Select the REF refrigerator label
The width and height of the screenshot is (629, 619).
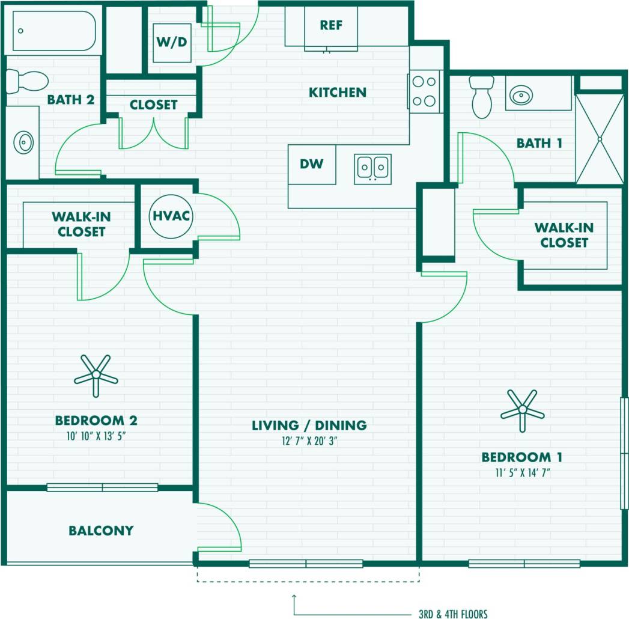[331, 25]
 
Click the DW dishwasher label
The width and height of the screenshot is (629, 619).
[312, 163]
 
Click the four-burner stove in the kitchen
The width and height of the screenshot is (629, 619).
[425, 91]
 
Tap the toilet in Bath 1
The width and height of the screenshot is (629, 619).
[481, 97]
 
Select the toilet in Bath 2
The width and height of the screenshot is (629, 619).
[26, 81]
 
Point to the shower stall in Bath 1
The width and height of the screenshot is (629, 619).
[599, 139]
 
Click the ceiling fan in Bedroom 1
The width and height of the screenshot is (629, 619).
[522, 411]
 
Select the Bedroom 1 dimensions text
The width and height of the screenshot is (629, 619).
[521, 473]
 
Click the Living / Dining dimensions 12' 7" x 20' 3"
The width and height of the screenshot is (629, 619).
[309, 441]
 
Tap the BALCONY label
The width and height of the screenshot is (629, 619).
[101, 531]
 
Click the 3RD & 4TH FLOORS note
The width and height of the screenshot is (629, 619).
[453, 614]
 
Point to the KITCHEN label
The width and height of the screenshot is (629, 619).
[337, 93]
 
